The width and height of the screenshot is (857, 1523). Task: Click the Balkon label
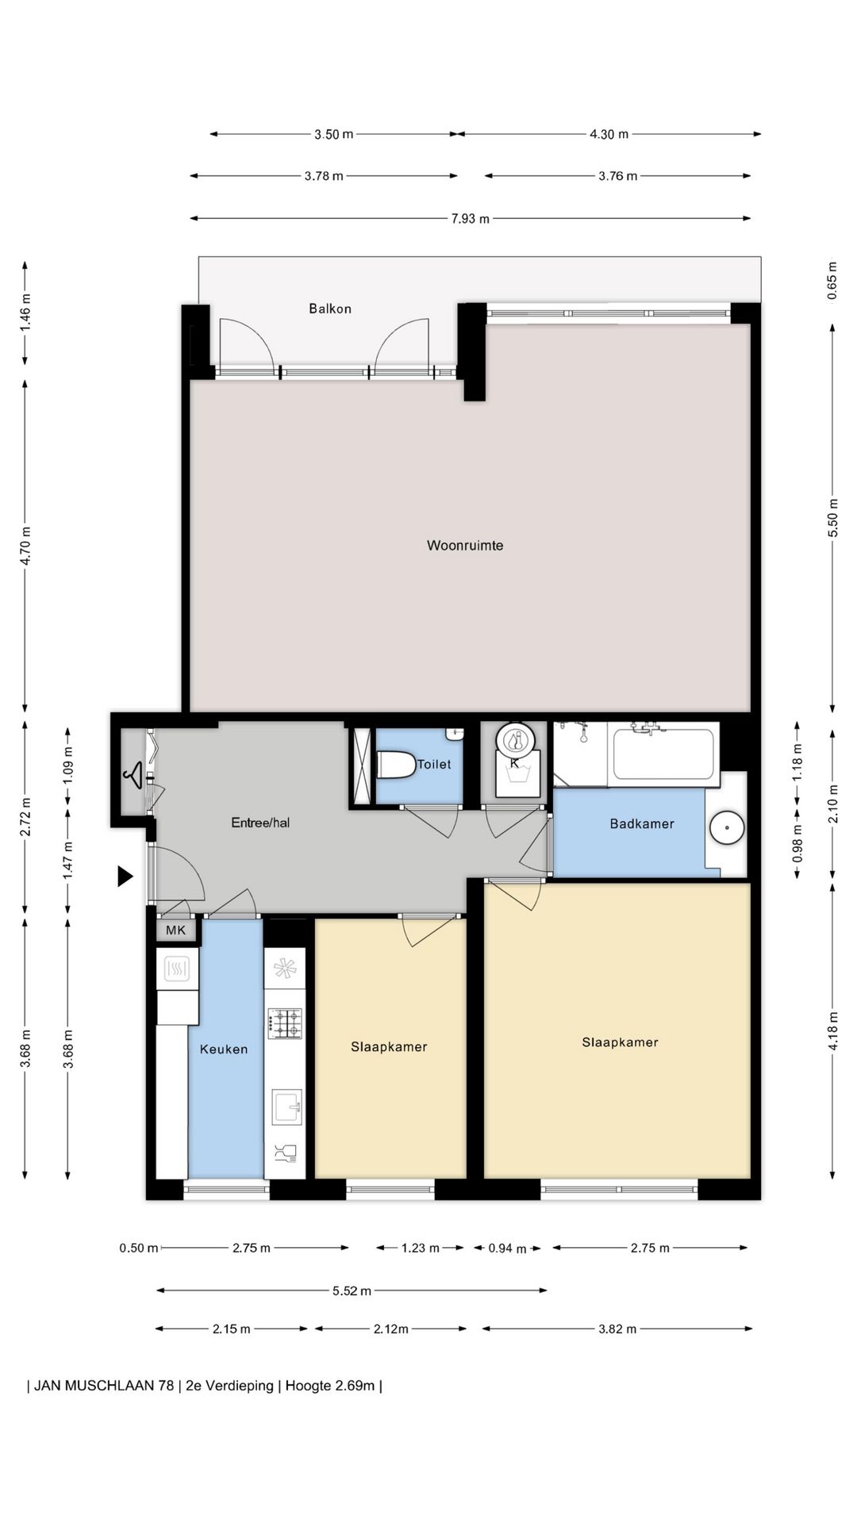click(330, 309)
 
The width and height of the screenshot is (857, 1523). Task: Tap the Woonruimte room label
click(465, 545)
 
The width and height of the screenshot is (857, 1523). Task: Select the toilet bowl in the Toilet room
click(397, 765)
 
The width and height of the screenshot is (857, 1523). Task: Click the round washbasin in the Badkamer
click(726, 827)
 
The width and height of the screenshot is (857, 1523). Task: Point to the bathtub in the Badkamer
click(663, 754)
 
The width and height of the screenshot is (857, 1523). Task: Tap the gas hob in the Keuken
click(285, 1023)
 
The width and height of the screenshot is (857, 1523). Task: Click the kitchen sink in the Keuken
click(286, 1107)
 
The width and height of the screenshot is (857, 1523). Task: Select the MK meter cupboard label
click(175, 930)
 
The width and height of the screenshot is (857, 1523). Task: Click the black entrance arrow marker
click(125, 876)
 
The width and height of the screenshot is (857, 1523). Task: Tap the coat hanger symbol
click(135, 774)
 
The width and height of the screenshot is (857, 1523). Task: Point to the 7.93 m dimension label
click(470, 218)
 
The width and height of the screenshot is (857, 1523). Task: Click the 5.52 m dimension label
click(352, 1291)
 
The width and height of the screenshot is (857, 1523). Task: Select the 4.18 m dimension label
click(832, 1031)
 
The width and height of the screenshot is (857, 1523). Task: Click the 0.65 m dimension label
click(832, 281)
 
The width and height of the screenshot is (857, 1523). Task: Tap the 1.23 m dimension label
click(420, 1248)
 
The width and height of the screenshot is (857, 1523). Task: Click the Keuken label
click(224, 1049)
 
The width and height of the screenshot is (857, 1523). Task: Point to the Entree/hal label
click(260, 823)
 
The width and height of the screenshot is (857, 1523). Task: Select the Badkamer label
click(642, 823)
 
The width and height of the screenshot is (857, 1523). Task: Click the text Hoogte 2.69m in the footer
click(330, 1386)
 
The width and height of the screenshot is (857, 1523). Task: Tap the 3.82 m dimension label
click(617, 1329)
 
